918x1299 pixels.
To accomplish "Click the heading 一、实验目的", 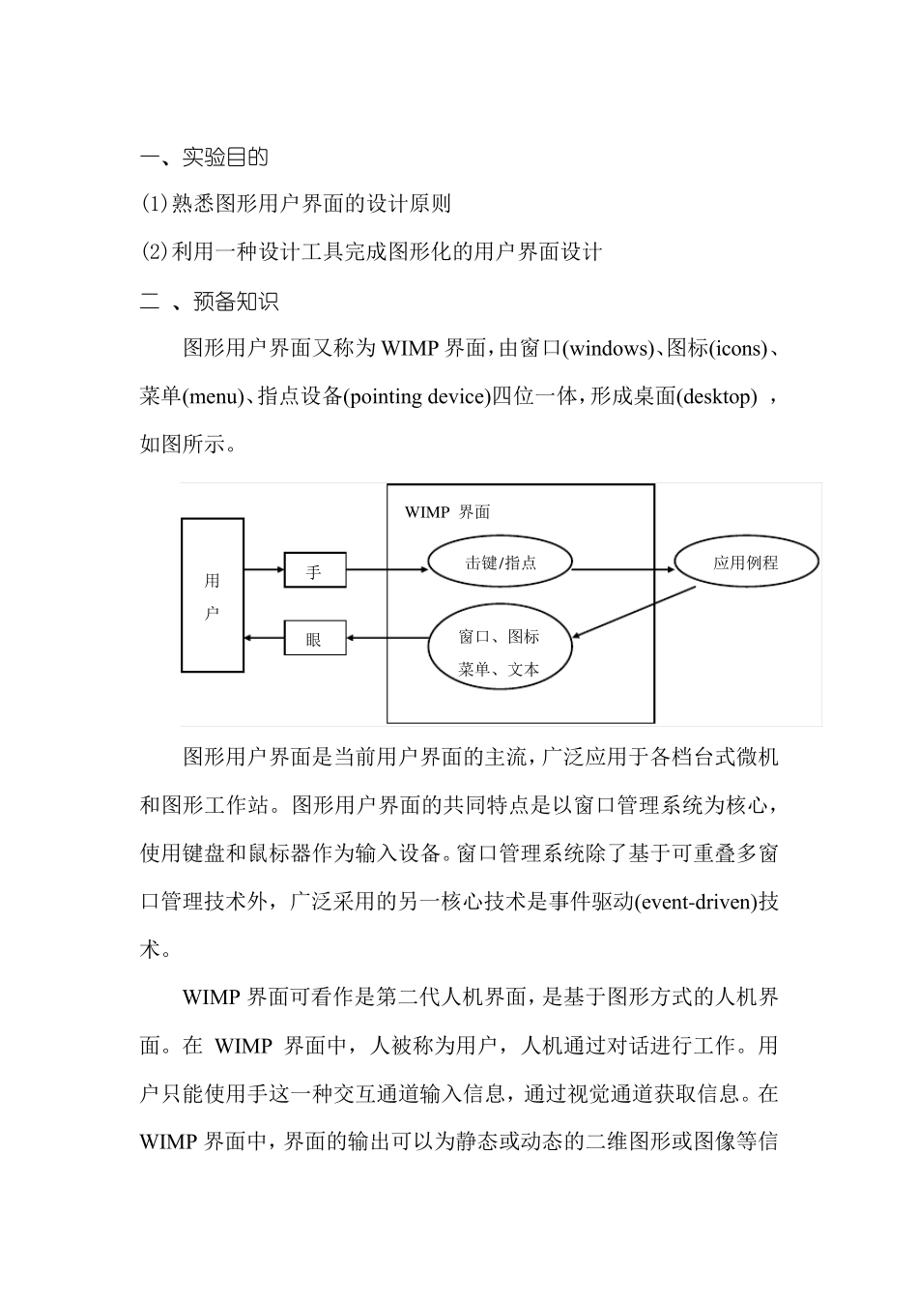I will tap(204, 157).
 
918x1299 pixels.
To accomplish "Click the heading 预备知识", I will tap(236, 302).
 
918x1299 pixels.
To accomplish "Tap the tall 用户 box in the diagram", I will tap(213, 595).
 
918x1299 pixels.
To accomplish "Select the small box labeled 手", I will tap(314, 570).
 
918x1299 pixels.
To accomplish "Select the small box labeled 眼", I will tap(314, 638).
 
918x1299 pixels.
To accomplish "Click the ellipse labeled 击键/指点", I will tap(500, 562).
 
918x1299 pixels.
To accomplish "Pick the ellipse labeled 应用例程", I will tap(745, 562).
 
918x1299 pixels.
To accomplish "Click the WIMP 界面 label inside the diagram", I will tap(447, 512).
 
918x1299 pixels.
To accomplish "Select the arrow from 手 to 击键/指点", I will tap(387, 569).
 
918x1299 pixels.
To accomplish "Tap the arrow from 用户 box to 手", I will tap(264, 569).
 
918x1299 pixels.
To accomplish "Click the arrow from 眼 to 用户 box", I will tap(264, 638).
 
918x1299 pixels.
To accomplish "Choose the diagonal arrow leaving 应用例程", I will tap(633, 612).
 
